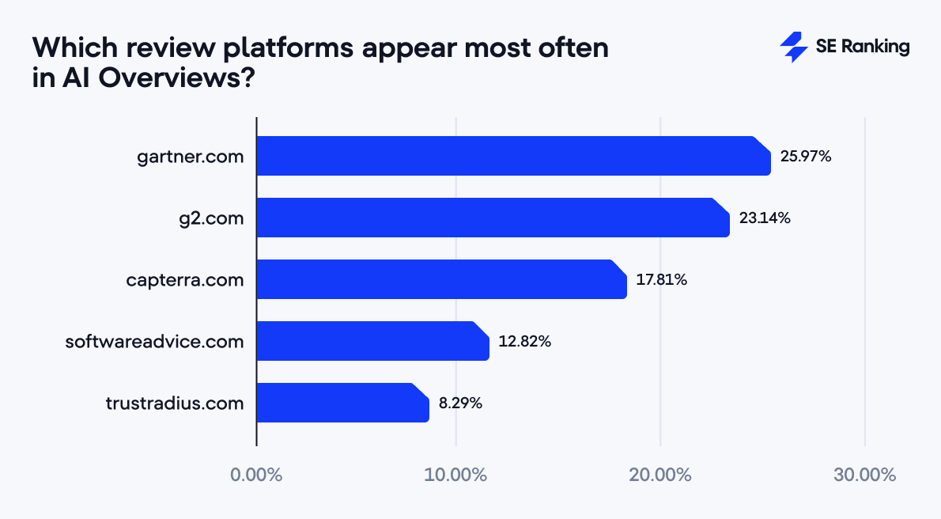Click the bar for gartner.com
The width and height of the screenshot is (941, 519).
tap(513, 156)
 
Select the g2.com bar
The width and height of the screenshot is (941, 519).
tap(493, 218)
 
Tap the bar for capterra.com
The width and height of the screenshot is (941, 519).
tap(441, 279)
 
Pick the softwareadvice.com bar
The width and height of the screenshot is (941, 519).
tap(372, 341)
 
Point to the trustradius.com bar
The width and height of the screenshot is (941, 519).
tap(342, 403)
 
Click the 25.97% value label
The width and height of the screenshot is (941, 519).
tap(806, 157)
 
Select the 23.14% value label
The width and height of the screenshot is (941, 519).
tap(765, 218)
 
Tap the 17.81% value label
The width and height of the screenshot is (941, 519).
tap(662, 280)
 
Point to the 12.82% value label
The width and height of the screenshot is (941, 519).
tap(524, 342)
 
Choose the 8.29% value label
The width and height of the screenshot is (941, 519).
tap(460, 403)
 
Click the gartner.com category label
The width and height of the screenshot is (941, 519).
tap(190, 157)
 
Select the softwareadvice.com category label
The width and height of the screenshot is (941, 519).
tap(154, 342)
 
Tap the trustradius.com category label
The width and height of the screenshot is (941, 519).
tap(174, 403)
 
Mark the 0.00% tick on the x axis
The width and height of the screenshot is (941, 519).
tap(256, 475)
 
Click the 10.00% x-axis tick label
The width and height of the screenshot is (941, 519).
tap(456, 475)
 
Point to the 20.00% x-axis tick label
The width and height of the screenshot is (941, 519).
tap(661, 475)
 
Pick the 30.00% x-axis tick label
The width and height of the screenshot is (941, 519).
tap(865, 475)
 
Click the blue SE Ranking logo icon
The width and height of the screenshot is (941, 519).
tap(793, 47)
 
